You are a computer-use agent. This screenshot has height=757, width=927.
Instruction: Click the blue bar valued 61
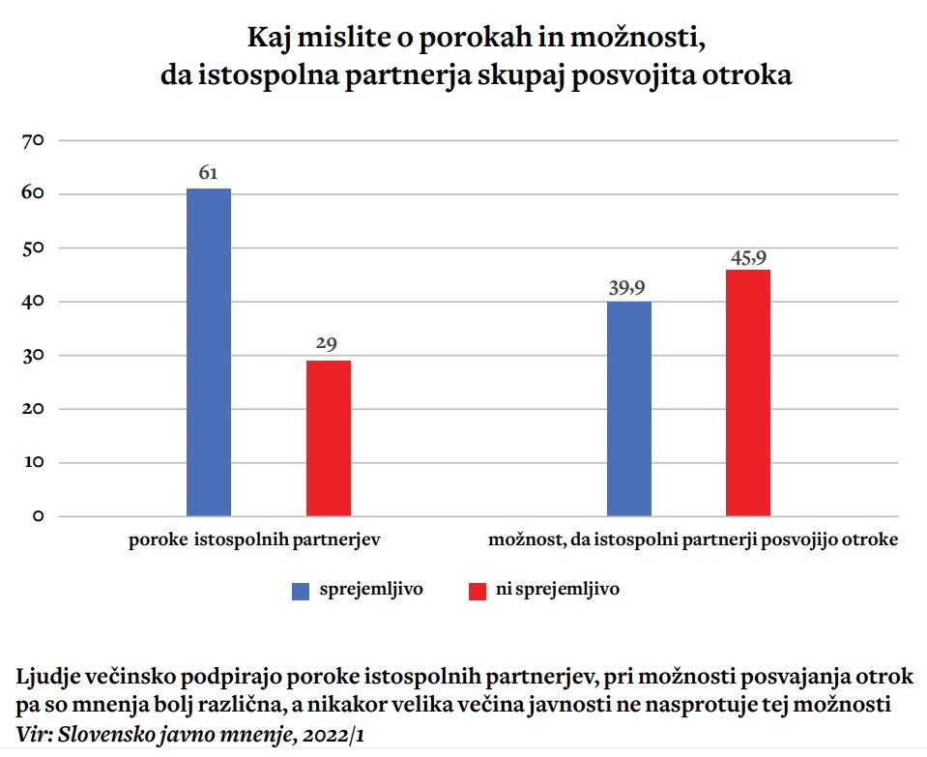pyautogui.click(x=209, y=352)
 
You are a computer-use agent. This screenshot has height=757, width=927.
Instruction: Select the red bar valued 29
pyautogui.click(x=329, y=438)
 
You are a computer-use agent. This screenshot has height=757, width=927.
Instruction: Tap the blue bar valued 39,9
pyautogui.click(x=629, y=409)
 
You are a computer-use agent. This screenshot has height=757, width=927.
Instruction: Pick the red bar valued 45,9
pyautogui.click(x=748, y=393)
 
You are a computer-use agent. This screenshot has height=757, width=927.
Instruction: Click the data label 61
pyautogui.click(x=209, y=173)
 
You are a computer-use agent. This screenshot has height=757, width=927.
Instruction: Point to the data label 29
pyautogui.click(x=329, y=344)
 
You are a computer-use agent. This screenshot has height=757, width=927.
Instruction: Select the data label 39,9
pyautogui.click(x=628, y=287)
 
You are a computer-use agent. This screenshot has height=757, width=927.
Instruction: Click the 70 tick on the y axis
pyautogui.click(x=34, y=141)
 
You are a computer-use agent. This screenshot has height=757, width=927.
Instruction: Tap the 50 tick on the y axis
pyautogui.click(x=34, y=248)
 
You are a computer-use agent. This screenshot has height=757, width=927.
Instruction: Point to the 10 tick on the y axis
pyautogui.click(x=34, y=462)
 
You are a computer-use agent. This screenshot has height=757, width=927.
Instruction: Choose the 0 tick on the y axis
pyautogui.click(x=38, y=516)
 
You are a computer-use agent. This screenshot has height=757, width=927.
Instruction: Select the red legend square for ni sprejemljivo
pyautogui.click(x=477, y=591)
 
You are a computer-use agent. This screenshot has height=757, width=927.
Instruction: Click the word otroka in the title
pyautogui.click(x=751, y=76)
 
